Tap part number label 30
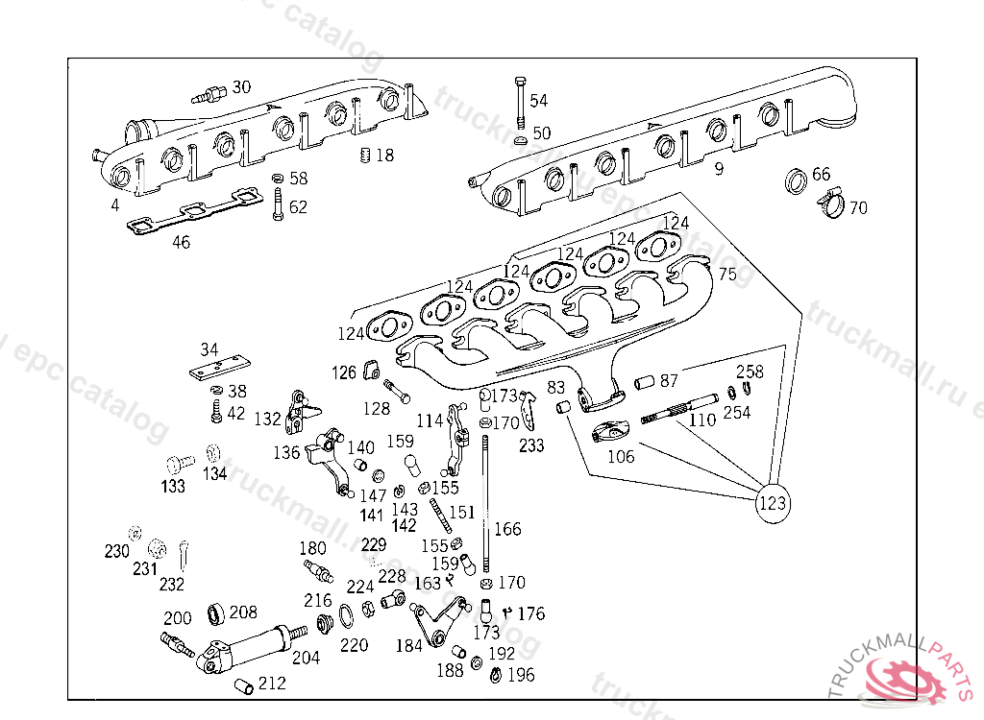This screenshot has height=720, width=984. click(241, 87)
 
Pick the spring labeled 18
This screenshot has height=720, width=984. click(365, 156)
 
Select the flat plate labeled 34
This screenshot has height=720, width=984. click(220, 370)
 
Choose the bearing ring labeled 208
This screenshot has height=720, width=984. click(216, 613)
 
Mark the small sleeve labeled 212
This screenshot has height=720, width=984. click(244, 684)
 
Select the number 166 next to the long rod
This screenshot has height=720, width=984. click(507, 529)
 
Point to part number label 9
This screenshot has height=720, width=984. click(718, 171)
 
